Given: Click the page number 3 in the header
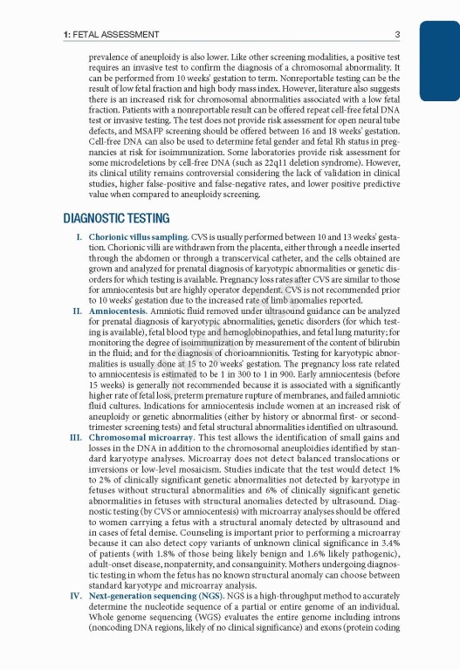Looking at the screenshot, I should tap(397, 35).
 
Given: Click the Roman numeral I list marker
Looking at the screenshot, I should tap(79, 237).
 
